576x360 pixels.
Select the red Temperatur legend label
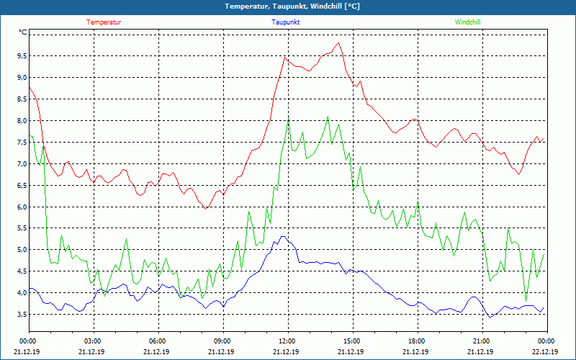tap(104, 22)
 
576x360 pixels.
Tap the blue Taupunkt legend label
tap(286, 22)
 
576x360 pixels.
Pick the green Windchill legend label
tap(467, 22)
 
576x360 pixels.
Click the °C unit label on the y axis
tap(22, 32)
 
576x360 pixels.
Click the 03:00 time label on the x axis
tap(93, 341)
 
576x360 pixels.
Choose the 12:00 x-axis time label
tap(287, 341)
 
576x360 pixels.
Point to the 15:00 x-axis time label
tap(351, 341)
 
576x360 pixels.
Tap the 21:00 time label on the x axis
tap(481, 341)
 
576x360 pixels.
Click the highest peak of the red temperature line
tap(338, 42)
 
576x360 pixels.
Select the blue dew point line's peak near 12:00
tap(283, 236)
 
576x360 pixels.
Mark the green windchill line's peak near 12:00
tap(288, 121)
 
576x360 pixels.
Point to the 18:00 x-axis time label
tap(416, 341)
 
